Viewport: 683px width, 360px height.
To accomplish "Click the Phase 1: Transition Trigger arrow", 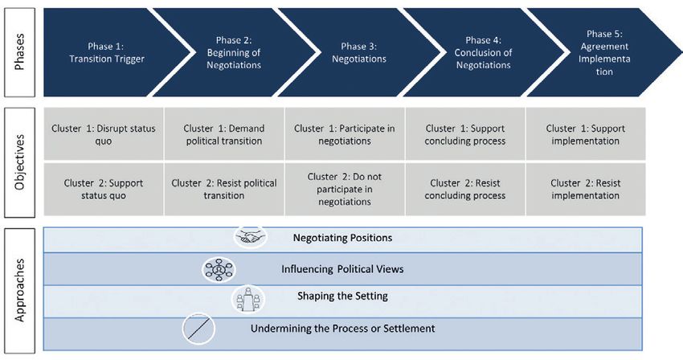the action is pos(107,52).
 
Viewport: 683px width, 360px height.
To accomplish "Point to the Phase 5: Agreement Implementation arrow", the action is pos(604,52).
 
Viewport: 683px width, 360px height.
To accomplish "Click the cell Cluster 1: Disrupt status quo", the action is pos(104,134).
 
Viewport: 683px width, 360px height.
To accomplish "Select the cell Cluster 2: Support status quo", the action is pos(104,189).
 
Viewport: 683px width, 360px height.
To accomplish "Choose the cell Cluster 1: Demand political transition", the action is pos(224,134).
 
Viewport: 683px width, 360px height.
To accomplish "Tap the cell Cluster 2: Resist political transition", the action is pos(224,189).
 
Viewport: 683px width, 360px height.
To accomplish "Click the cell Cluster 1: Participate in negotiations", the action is pos(345,134).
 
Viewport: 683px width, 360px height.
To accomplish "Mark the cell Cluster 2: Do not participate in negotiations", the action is pos(345,189).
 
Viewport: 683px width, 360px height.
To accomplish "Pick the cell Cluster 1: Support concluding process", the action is pos(465,134).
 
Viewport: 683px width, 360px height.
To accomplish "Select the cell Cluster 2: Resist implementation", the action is pos(586,189).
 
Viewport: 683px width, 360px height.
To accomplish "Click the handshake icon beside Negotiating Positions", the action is pos(250,237).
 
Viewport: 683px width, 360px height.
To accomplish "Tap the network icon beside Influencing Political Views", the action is pos(219,269).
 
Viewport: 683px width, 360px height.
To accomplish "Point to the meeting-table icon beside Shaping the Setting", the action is pos(247,299).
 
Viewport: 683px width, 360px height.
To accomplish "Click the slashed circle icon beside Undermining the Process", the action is pos(198,329).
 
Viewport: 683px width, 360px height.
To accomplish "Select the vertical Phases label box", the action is pos(19,52).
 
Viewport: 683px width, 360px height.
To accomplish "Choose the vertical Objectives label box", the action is pos(19,162).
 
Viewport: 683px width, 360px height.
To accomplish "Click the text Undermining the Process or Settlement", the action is pos(343,328).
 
